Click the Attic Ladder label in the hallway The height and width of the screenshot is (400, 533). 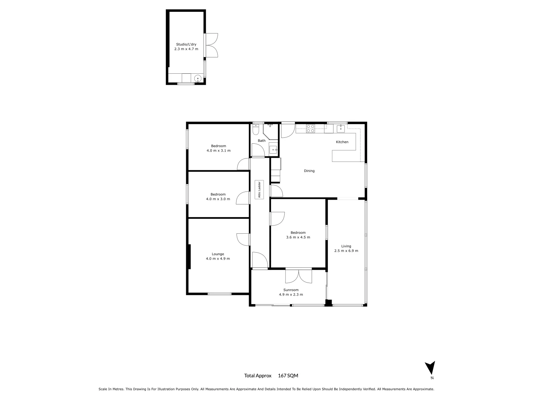(259, 190)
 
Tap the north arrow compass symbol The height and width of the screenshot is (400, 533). (430, 368)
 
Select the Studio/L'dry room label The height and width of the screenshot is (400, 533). (186, 44)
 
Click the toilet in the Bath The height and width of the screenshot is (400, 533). (255, 130)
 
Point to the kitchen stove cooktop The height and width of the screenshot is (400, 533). (311, 129)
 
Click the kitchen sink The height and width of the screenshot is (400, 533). (341, 129)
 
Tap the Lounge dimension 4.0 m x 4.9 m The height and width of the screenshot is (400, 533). (218, 259)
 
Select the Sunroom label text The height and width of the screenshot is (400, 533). (291, 290)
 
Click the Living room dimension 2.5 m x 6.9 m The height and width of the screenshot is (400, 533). (346, 251)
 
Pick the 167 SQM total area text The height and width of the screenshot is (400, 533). (288, 376)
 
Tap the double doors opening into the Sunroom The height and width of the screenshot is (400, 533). (298, 276)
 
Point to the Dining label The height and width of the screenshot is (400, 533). (309, 171)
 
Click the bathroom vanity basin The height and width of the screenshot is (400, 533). (273, 150)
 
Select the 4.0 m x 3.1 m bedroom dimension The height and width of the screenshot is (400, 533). (218, 151)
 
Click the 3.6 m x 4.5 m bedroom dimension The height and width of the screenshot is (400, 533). (298, 237)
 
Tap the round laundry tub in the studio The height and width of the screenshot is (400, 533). (198, 79)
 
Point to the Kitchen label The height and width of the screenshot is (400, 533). (342, 142)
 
